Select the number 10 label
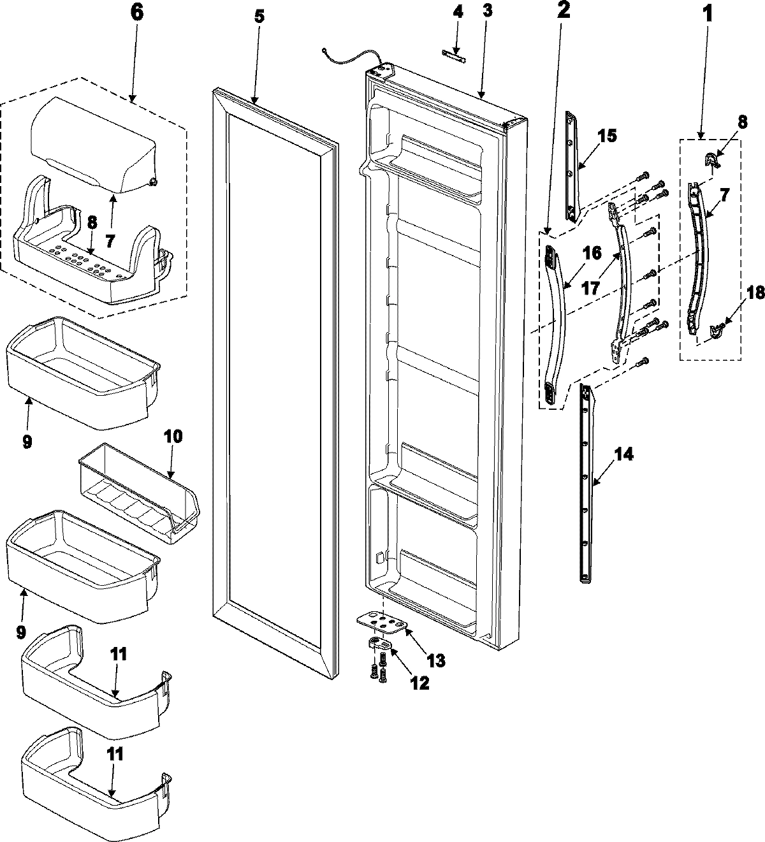pos(173,437)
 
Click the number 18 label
pos(738,293)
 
